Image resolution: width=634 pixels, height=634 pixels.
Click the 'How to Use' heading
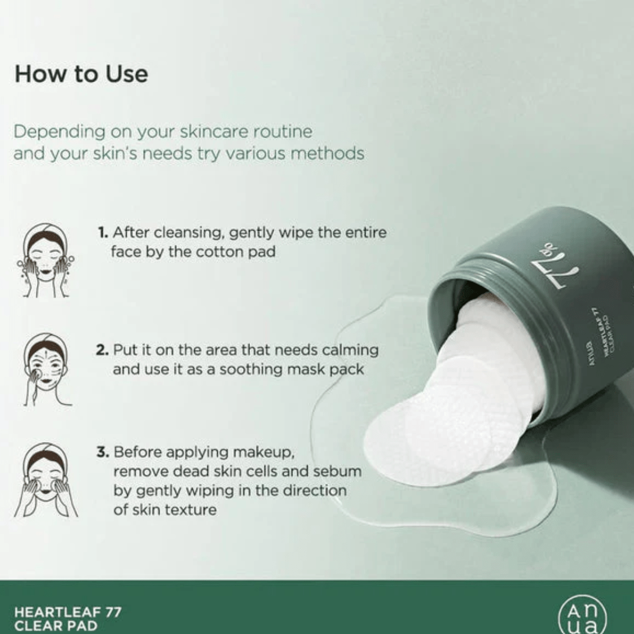point(81,74)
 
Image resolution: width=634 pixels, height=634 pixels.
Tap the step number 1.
point(103,232)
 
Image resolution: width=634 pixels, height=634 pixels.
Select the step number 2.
point(102,350)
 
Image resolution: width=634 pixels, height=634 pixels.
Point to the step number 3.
point(103,452)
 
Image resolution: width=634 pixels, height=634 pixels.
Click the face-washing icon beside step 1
point(45,261)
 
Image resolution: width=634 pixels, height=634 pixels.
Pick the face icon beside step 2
point(46,369)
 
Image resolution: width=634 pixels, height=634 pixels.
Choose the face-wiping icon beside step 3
point(46,480)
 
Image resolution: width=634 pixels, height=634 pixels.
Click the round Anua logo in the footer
point(582,616)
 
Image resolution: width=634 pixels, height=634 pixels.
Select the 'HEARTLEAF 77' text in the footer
point(68,612)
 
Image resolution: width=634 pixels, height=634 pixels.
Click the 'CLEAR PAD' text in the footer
point(56,626)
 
